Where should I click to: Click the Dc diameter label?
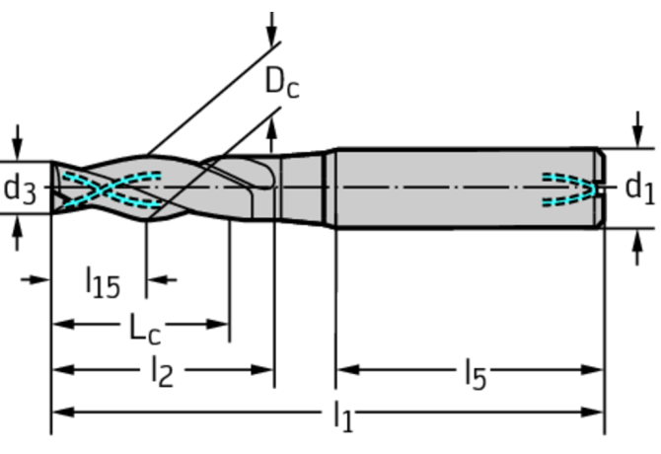(281, 85)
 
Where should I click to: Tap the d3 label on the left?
(20, 188)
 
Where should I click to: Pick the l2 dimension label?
(161, 372)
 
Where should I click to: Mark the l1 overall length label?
(341, 416)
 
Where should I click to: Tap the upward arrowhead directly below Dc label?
(272, 122)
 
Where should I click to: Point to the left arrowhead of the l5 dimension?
(344, 370)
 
